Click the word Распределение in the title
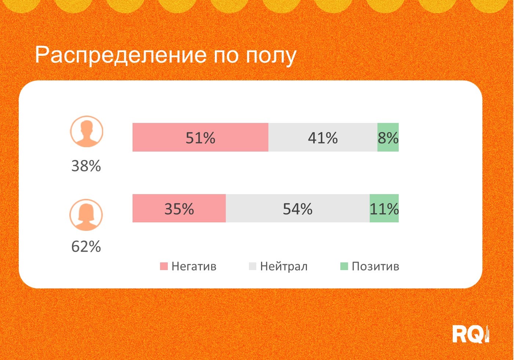click(121, 55)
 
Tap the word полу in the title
click(271, 56)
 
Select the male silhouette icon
click(87, 131)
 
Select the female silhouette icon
click(86, 215)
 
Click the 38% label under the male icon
click(86, 166)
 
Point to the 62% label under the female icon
click(86, 247)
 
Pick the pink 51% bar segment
click(200, 137)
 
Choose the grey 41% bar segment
click(323, 137)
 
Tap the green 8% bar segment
click(388, 137)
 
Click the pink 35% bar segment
click(179, 208)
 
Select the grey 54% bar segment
click(297, 208)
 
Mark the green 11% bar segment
click(384, 208)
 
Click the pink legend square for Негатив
click(164, 266)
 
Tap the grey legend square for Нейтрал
click(253, 266)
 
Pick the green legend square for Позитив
click(344, 266)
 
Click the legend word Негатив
click(194, 266)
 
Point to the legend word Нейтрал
click(284, 266)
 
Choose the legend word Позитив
click(375, 266)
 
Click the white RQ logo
click(470, 334)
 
